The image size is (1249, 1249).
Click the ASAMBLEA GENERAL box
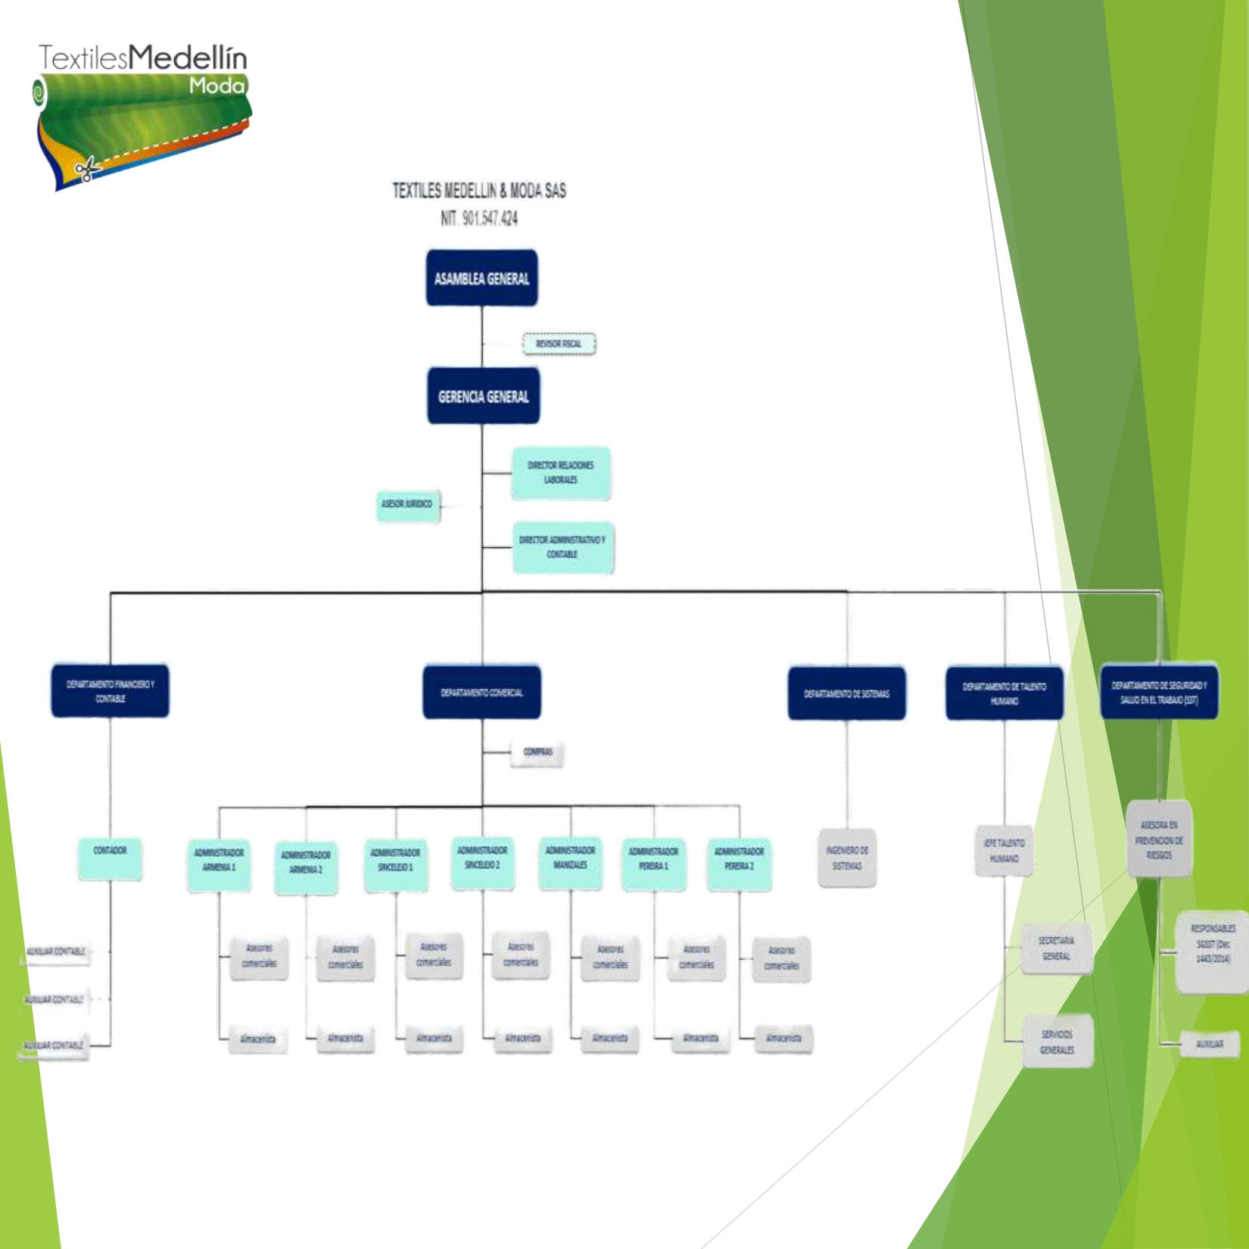[481, 279]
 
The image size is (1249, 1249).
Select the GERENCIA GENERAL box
[483, 397]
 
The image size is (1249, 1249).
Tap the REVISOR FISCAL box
[559, 344]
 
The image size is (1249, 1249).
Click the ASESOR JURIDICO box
[407, 504]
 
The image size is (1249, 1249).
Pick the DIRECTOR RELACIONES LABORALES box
[560, 473]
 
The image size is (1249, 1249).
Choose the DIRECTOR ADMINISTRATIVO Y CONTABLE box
[562, 547]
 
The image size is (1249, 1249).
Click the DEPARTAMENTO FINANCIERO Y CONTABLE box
[110, 691]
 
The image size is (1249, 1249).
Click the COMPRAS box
[537, 752]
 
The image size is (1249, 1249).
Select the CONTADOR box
[110, 858]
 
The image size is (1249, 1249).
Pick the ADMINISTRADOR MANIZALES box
[570, 862]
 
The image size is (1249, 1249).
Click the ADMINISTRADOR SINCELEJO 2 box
[482, 862]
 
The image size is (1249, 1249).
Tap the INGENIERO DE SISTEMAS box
[847, 858]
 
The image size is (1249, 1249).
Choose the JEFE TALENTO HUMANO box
[1004, 851]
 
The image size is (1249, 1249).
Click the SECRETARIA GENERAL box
[1056, 948]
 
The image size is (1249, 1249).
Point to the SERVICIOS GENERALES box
[1057, 1042]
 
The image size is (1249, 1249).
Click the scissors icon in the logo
[87, 168]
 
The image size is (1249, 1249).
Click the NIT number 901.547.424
[479, 219]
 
